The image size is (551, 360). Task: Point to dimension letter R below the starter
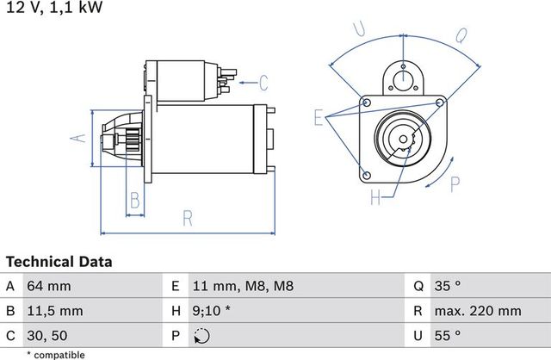(x=188, y=219)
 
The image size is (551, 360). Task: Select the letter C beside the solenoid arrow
(x=264, y=84)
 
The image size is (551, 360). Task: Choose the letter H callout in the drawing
(x=375, y=198)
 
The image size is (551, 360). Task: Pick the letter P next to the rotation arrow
(x=455, y=183)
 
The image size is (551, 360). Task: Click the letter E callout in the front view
(x=319, y=117)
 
